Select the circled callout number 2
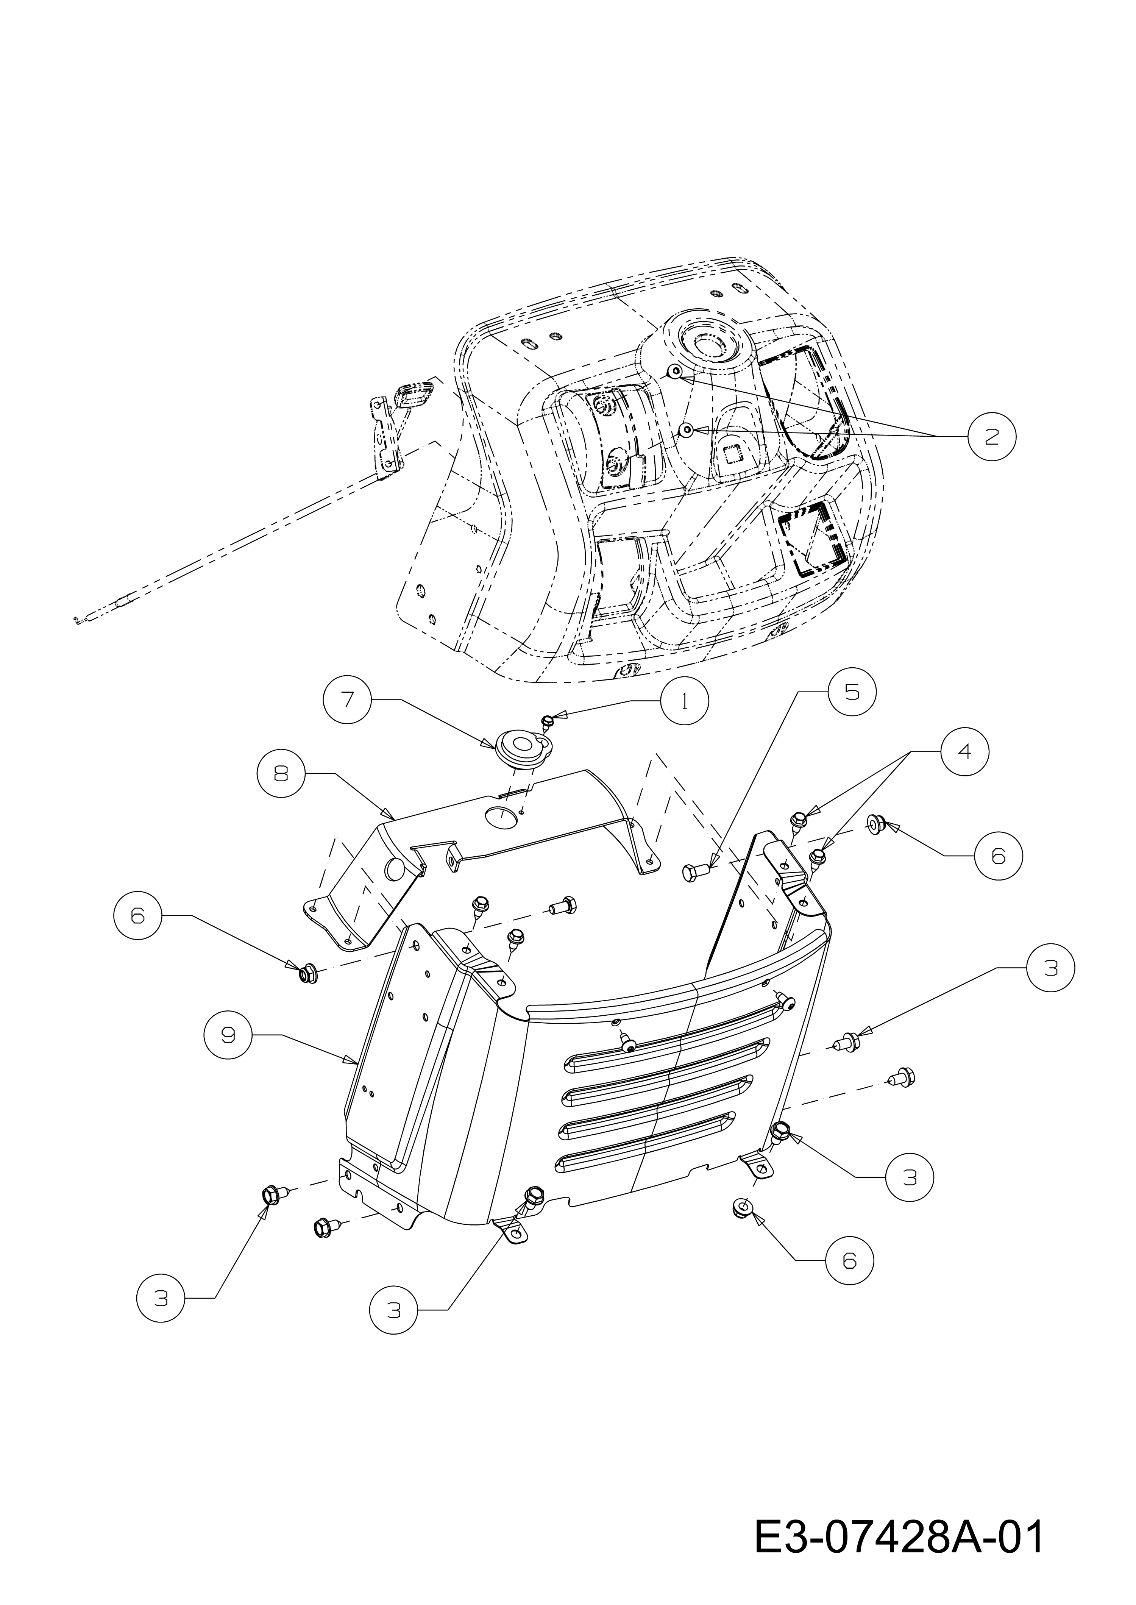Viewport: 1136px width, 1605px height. pos(992,437)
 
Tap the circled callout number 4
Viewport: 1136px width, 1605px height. pos(964,751)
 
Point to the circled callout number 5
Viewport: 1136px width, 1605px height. pos(851,691)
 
